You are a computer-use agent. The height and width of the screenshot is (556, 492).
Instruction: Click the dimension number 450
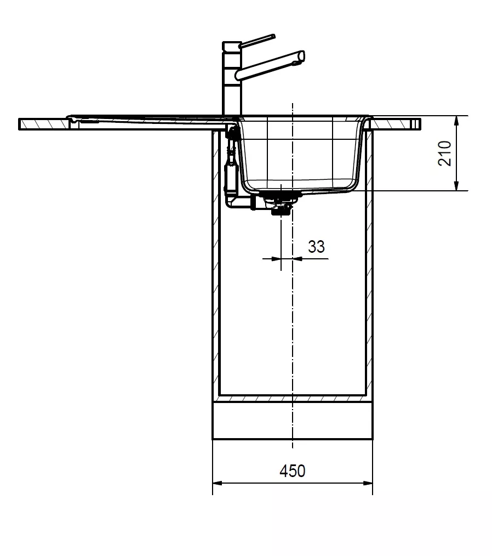(292, 471)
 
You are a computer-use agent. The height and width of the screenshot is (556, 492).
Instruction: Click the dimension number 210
(445, 153)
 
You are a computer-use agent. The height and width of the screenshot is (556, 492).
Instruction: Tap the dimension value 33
(316, 246)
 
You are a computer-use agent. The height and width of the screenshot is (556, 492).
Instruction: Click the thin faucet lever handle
(257, 41)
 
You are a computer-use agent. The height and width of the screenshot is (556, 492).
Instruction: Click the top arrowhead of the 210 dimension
(456, 121)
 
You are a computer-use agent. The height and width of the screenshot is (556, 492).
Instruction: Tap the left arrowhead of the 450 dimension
(217, 483)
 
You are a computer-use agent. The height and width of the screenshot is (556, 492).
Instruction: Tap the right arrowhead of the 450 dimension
(368, 483)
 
